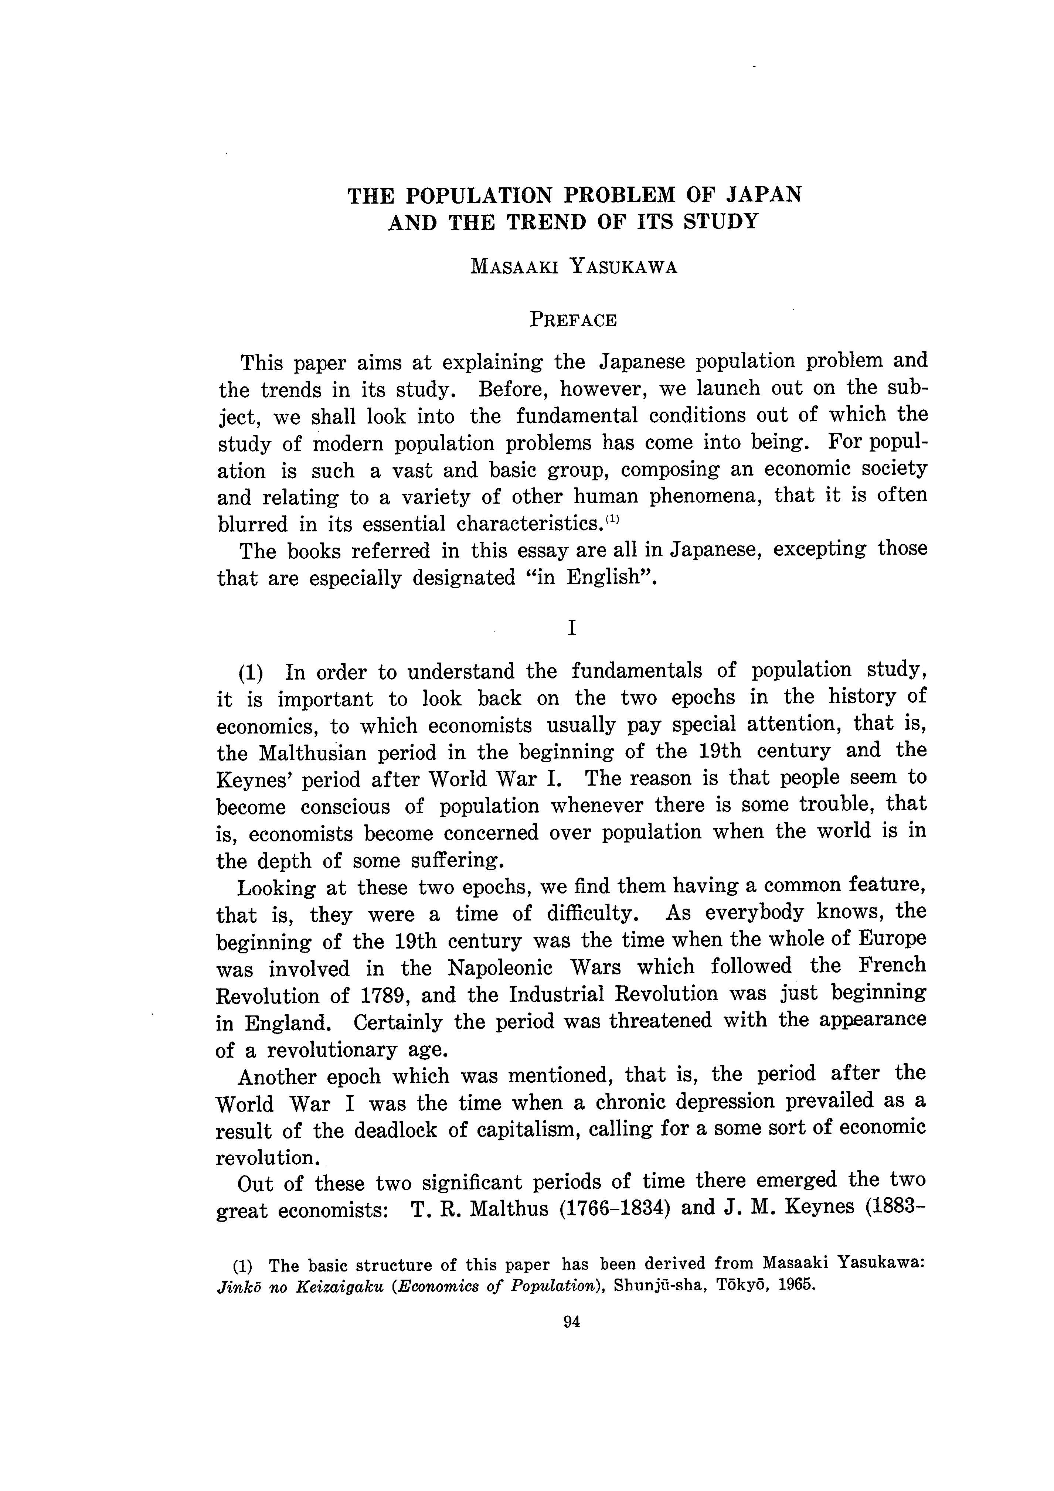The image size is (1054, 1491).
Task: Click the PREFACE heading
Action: point(573,320)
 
